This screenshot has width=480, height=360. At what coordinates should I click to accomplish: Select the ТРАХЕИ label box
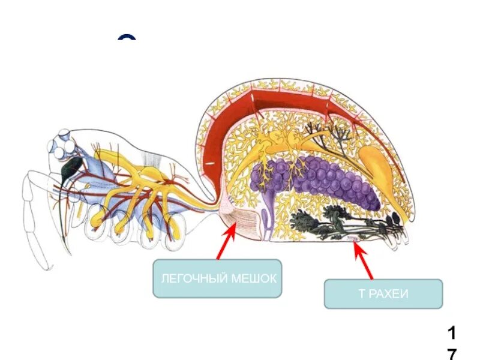pos(383,294)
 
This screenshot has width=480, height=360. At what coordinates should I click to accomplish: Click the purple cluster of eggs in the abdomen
pos(318,183)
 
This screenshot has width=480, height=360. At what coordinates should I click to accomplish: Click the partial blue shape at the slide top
pos(127,39)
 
